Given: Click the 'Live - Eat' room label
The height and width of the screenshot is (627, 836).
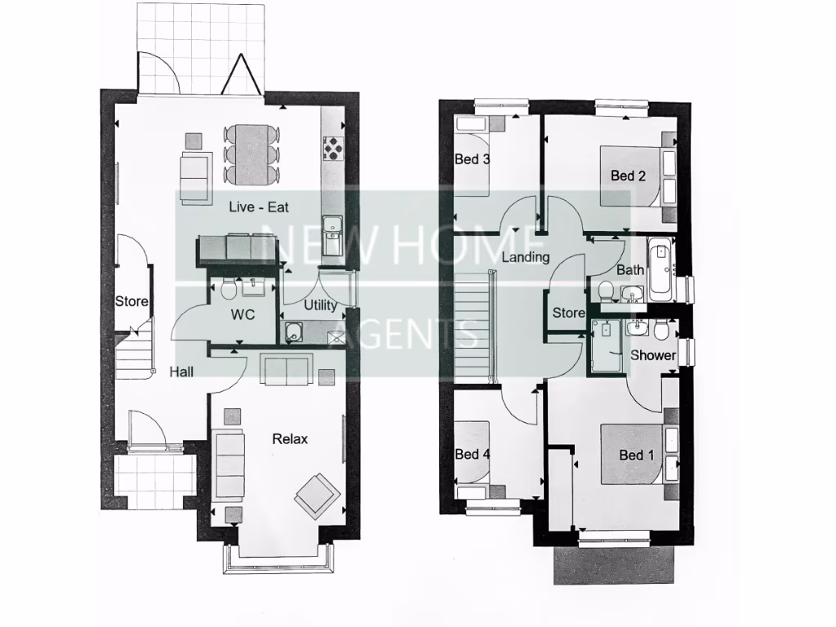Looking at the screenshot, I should tap(259, 207).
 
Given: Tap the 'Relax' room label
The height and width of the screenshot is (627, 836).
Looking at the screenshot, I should tap(290, 439).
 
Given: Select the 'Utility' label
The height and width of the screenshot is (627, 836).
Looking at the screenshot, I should tap(320, 306).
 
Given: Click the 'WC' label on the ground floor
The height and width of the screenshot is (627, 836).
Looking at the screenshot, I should tap(242, 313).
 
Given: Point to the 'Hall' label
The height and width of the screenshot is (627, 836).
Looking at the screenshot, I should tap(181, 372).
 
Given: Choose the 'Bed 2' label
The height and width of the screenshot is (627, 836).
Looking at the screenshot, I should tap(628, 176).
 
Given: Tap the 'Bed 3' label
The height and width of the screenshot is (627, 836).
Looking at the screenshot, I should tap(472, 159).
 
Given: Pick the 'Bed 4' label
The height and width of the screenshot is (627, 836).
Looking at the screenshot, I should tap(472, 454).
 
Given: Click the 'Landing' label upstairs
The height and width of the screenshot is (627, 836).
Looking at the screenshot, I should tap(525, 258).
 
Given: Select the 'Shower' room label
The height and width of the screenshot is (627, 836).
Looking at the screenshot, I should tap(653, 355).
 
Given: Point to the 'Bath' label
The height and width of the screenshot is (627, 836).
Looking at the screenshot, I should tap(630, 270).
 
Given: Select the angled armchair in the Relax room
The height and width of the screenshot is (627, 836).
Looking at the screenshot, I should tap(317, 494).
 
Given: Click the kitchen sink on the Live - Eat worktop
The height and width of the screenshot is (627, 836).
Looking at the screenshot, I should tap(332, 228).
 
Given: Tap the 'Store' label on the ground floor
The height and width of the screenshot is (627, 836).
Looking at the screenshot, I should tap(131, 301).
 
